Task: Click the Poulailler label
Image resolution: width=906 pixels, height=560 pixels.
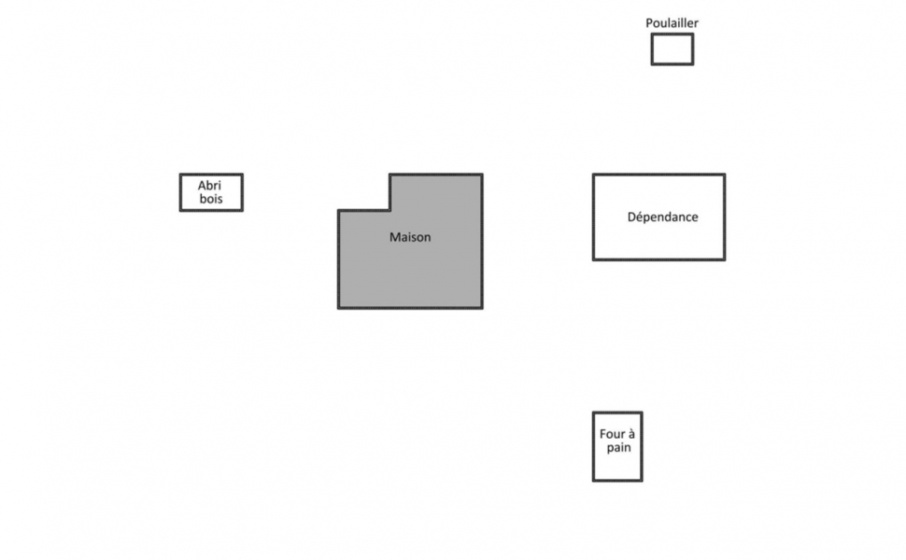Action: pos(672,23)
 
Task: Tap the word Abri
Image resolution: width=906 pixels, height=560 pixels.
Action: pos(209,186)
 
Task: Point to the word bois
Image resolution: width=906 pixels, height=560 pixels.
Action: pos(211,199)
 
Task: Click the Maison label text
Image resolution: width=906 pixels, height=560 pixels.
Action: pos(410,237)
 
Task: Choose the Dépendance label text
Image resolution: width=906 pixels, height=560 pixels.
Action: pos(663,217)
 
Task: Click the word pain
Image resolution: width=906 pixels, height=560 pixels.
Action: pos(619,448)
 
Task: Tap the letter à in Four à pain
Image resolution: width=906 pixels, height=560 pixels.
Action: pos(631,434)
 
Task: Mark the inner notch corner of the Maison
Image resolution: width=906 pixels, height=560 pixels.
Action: pos(390,211)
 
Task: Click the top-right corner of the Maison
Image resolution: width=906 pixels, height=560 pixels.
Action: pos(482,175)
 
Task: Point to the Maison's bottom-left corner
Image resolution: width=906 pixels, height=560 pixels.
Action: pos(339,308)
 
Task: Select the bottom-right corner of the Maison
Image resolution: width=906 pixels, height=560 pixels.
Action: pos(482,308)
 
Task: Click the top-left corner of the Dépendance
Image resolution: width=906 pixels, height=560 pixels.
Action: pos(593,175)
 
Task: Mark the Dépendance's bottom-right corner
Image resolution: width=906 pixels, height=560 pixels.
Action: pos(725,259)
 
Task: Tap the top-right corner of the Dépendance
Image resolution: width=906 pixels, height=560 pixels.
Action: pos(725,175)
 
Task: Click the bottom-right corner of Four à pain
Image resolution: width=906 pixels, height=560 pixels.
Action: pos(642,481)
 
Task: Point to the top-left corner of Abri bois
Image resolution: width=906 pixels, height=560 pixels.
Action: pos(180,175)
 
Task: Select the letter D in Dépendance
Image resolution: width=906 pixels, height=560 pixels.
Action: pos(631,217)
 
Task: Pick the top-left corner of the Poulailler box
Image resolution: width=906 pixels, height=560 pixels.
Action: pos(652,34)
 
